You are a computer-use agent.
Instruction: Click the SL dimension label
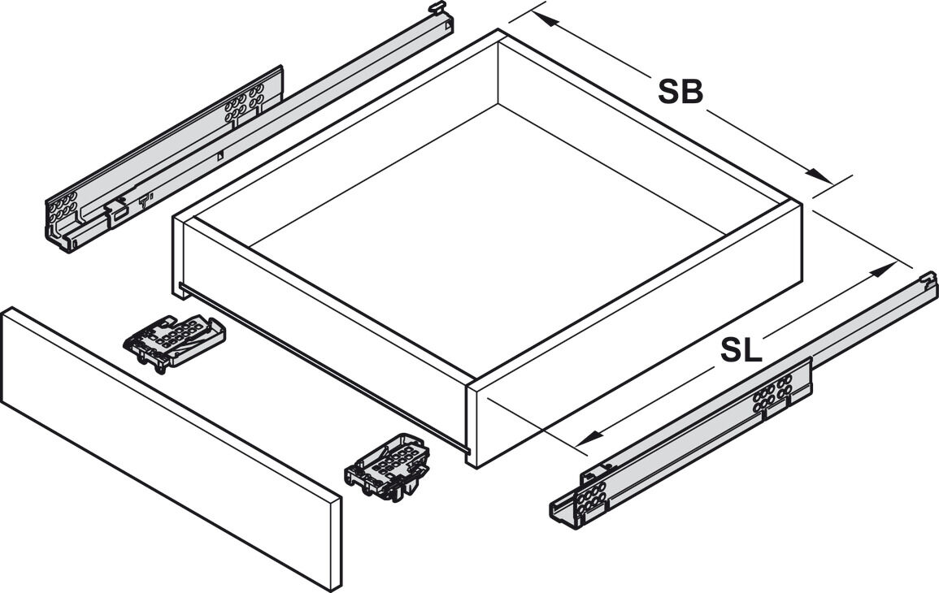coord(741,350)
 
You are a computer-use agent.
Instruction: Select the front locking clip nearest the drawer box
coord(174,342)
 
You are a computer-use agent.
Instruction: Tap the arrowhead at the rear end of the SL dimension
coord(881,271)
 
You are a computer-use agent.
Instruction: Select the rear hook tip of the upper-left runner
coord(437,7)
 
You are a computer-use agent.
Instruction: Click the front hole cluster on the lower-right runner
coord(590,496)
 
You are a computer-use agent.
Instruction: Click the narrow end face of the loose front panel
coord(334,539)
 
